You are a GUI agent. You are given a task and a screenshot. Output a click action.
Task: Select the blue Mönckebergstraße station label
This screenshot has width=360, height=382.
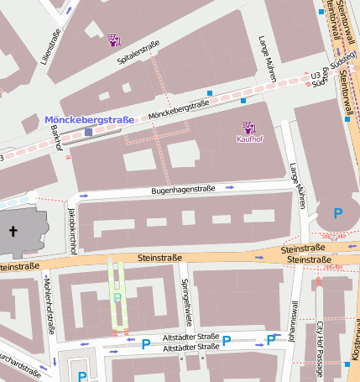[89, 120]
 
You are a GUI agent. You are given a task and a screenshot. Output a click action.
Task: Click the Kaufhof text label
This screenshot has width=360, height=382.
[250, 139]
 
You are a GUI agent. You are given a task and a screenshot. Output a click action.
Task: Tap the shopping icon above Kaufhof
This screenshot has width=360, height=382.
[249, 128]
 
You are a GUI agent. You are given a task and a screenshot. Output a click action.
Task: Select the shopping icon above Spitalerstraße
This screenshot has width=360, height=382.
[115, 39]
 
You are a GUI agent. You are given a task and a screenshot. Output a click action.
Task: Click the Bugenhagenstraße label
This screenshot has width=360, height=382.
[184, 191]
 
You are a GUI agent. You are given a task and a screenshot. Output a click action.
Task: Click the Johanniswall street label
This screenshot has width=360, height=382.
[294, 322]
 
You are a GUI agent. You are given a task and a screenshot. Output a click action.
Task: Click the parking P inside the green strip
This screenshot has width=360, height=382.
[117, 297]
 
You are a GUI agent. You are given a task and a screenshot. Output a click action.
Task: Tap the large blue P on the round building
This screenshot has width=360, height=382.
[338, 213]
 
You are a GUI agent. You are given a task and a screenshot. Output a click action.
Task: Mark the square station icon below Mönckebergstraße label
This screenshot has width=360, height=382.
[88, 132]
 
